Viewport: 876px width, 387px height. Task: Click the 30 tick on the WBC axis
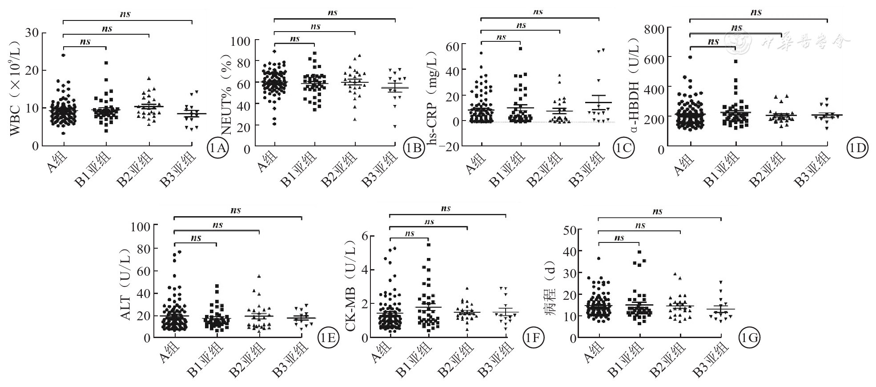point(32,33)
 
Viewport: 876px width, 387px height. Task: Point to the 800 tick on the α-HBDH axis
point(655,29)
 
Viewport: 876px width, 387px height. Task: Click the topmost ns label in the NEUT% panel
point(333,13)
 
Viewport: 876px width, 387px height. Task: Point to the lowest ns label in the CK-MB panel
point(410,234)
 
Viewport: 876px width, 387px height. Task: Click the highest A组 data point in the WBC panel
point(64,56)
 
